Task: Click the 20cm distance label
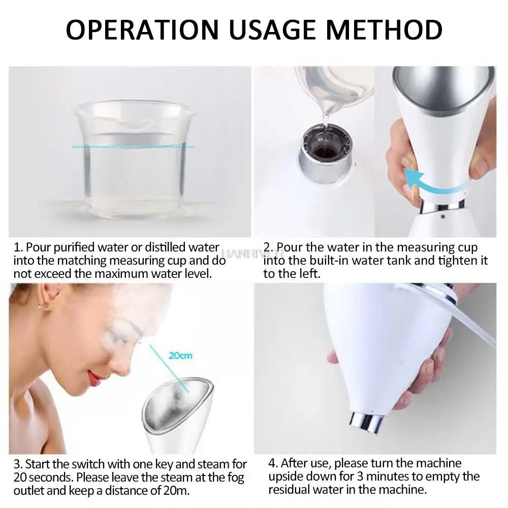(180, 355)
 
